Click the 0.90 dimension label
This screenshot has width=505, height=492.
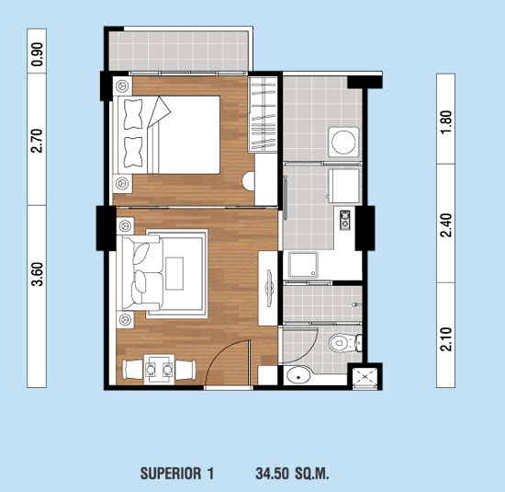coord(38,54)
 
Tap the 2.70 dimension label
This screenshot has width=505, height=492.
coord(37,141)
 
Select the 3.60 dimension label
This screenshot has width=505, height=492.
coord(38,274)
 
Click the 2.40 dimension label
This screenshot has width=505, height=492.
coord(446,225)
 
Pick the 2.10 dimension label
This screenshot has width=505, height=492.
coord(446,338)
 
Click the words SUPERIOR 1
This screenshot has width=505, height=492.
coord(177,474)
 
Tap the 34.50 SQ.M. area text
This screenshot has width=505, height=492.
coord(292,474)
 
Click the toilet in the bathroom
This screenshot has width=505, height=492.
coord(345,343)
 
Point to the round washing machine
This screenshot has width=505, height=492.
coord(343,142)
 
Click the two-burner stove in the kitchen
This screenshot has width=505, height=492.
coord(344,220)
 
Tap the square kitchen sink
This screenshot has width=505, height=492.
coord(303,265)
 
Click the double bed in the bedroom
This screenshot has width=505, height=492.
coord(166,135)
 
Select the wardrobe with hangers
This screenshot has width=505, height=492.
coord(264,114)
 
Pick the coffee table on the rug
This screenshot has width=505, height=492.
coord(174,273)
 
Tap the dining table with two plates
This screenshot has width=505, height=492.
coord(159,370)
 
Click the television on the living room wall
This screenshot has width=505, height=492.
coord(269,288)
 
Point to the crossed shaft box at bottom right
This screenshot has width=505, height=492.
coord(365,376)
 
